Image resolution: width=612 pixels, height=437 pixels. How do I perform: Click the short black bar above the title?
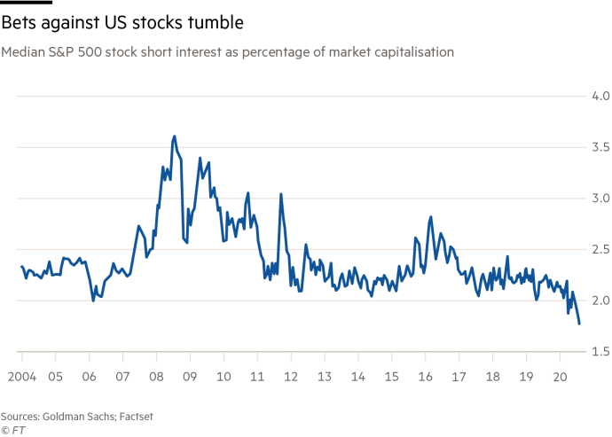tap(27, 2)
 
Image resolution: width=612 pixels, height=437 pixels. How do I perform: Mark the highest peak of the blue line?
tap(174, 137)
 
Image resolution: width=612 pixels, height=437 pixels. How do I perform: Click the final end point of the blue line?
tap(579, 324)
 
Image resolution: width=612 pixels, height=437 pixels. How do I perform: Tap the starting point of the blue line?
tap(20, 265)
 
